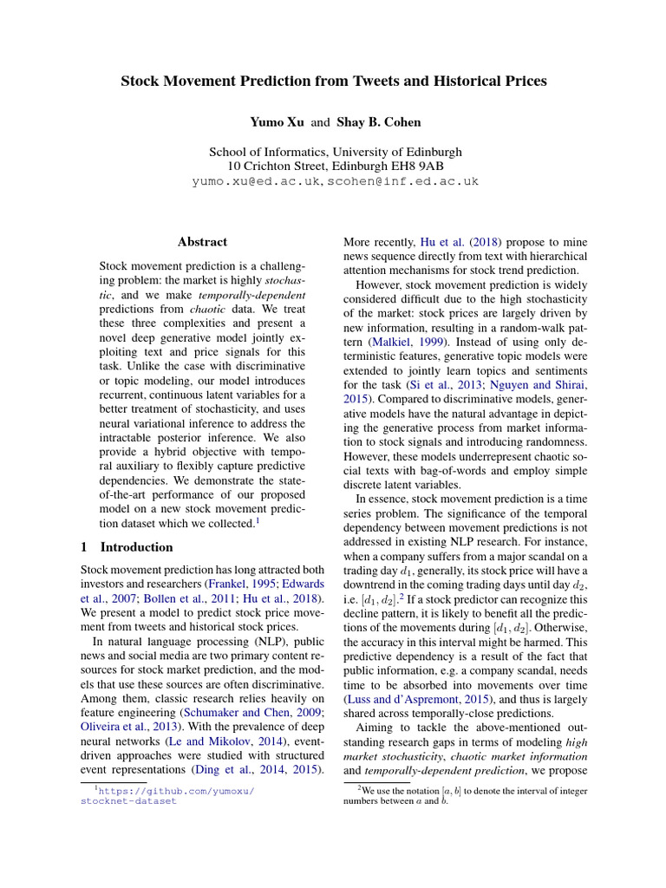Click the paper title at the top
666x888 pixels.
(333, 82)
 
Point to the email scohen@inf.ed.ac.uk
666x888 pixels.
(402, 181)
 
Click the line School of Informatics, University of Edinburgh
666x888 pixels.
(333, 151)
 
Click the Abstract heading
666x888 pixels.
(202, 242)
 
